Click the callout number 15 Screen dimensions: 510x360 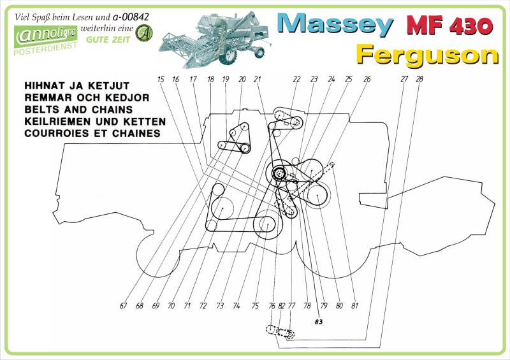click(x=161, y=80)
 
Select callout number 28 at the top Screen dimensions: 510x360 click(x=419, y=79)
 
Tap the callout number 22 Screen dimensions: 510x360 click(x=296, y=80)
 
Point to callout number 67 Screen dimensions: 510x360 click(x=123, y=306)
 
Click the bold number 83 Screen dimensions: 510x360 click(x=318, y=322)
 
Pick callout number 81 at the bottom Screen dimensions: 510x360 click(x=354, y=306)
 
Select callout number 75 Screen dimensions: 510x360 click(x=255, y=306)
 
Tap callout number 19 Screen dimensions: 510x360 click(x=226, y=80)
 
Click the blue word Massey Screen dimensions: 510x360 click(x=335, y=24)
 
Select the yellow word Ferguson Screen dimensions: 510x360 click(x=427, y=55)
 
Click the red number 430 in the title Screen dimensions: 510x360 click(x=471, y=25)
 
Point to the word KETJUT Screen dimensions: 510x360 click(x=108, y=86)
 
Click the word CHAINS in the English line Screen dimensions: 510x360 click(x=112, y=110)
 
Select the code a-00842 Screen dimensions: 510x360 click(x=131, y=17)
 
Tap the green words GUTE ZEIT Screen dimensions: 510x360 click(x=108, y=40)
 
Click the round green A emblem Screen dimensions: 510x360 click(x=144, y=33)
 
